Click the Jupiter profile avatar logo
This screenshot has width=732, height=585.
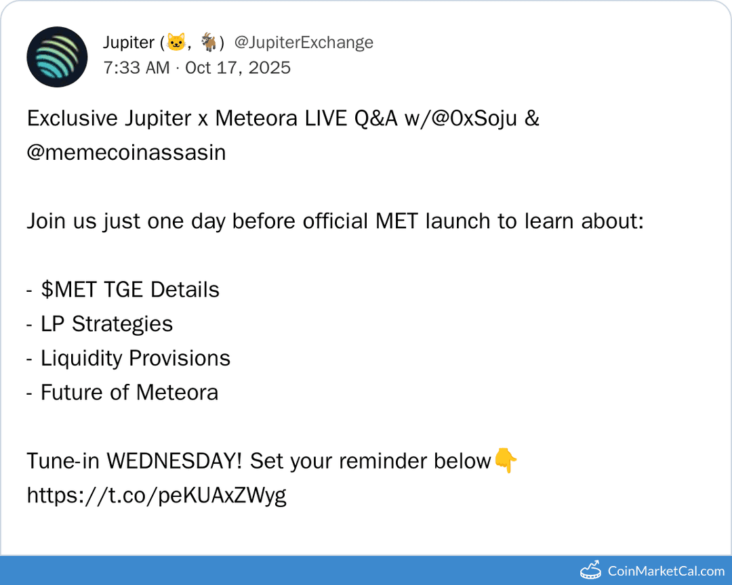[57, 57]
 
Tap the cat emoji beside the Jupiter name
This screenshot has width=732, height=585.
[176, 43]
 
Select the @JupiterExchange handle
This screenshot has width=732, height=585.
[304, 43]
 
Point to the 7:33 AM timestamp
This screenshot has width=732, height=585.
[136, 68]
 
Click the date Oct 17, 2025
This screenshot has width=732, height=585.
[238, 68]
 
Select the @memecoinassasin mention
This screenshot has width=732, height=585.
[126, 152]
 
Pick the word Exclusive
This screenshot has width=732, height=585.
[72, 118]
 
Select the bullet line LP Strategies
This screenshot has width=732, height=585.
[106, 324]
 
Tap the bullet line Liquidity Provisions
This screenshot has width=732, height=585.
[135, 358]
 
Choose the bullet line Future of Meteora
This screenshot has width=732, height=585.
[129, 392]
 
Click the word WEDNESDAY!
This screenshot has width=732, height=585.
[175, 461]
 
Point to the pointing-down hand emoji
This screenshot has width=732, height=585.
[505, 461]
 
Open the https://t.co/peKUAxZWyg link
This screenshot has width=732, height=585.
[157, 495]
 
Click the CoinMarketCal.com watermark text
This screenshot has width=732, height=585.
[666, 571]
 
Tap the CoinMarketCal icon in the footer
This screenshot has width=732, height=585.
[591, 571]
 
